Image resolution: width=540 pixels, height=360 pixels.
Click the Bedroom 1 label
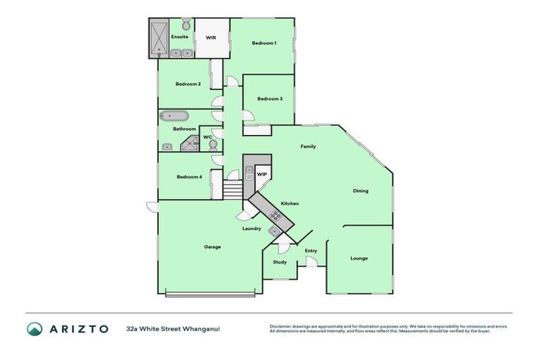point(264,44)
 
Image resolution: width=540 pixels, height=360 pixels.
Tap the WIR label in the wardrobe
point(210,38)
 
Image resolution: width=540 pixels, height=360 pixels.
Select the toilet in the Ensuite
point(186,23)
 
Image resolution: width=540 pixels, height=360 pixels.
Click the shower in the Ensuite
point(159,38)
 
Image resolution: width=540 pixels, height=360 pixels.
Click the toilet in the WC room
point(212,145)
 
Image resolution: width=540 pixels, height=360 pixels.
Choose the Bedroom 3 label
point(269,99)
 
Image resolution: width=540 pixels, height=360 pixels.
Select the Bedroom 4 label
point(189,177)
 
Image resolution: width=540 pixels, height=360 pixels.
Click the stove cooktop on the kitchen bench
point(274,216)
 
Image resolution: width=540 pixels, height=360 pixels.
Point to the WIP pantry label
point(262,174)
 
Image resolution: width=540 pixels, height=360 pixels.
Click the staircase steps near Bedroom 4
point(233,188)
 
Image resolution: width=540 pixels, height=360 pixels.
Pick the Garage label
point(212,247)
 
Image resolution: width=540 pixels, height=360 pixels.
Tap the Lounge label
point(359,259)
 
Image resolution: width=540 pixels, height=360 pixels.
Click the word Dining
point(360,191)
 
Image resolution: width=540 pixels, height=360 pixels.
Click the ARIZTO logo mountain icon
point(35,329)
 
